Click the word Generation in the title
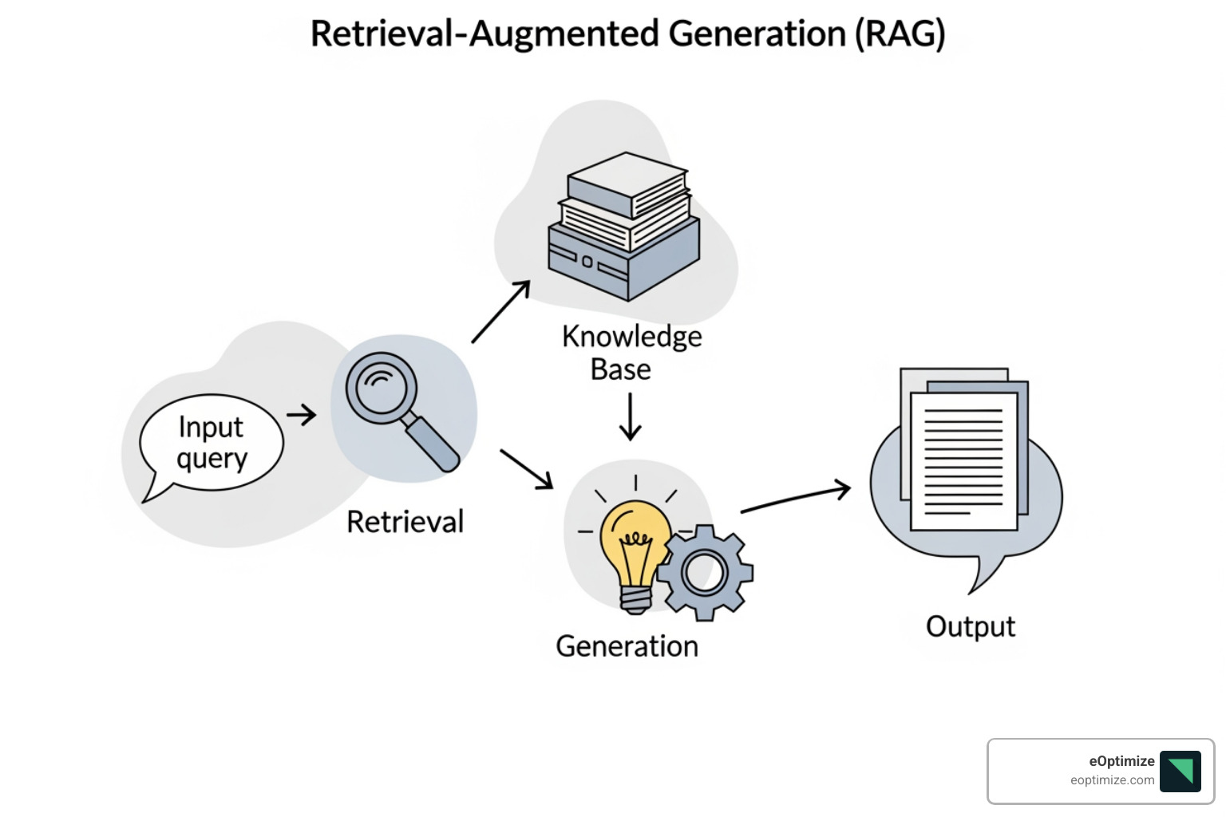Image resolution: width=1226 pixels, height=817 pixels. [757, 34]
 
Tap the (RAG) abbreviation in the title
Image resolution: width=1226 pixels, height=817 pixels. [900, 34]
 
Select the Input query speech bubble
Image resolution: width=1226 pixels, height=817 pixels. [211, 443]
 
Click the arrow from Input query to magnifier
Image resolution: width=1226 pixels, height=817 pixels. [301, 415]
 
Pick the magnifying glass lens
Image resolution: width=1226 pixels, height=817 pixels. [382, 389]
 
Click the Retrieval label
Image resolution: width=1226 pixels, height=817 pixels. [405, 522]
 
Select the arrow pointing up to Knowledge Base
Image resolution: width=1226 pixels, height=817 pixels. [501, 311]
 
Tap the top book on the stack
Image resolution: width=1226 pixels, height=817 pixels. [627, 184]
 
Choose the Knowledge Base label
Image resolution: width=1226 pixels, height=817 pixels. [631, 353]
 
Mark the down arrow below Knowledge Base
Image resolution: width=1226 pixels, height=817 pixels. [631, 416]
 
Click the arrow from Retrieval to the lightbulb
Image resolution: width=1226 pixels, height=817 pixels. [526, 468]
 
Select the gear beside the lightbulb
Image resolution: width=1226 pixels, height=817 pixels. [705, 572]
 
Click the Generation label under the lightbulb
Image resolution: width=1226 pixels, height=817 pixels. [627, 646]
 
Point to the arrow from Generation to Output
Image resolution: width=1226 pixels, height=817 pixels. [795, 498]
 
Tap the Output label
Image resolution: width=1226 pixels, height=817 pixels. [970, 627]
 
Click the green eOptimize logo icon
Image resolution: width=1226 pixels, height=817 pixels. [1180, 771]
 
